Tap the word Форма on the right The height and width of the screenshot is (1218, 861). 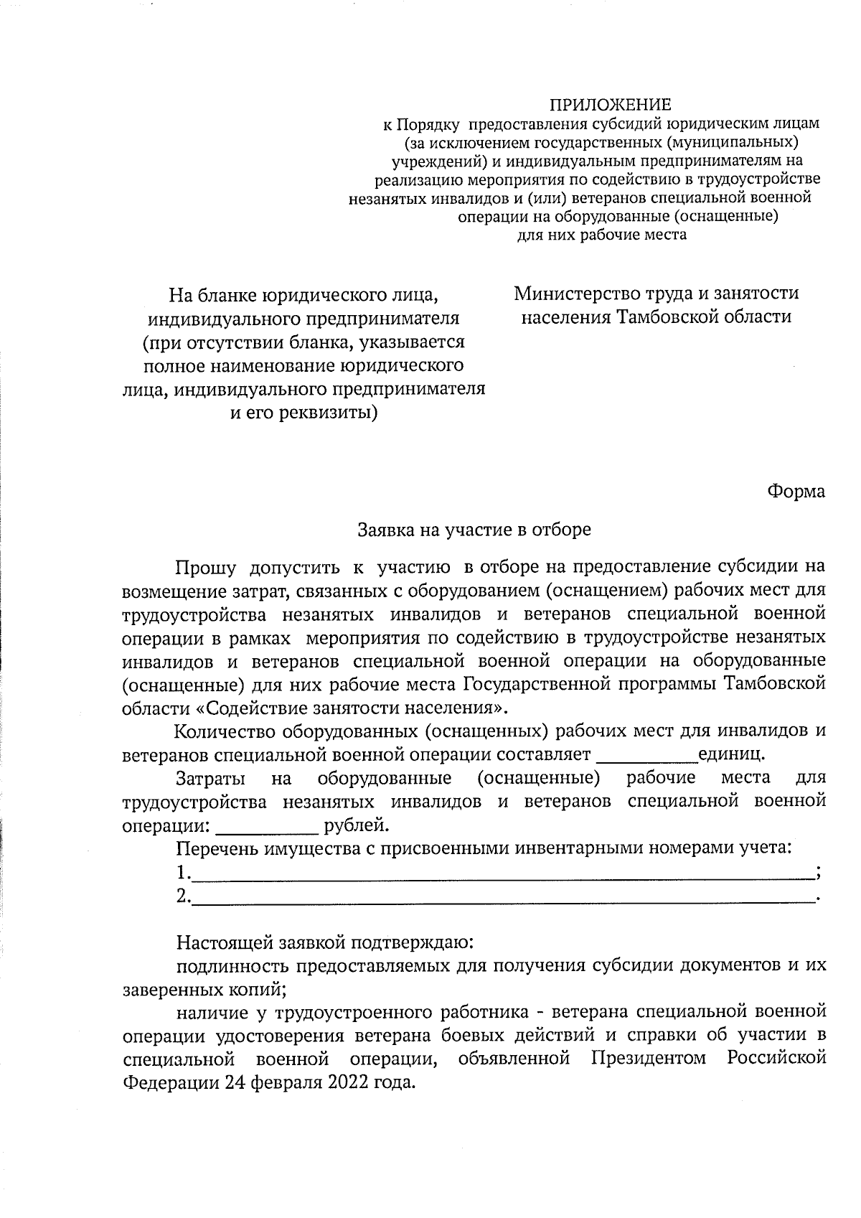pos(796,492)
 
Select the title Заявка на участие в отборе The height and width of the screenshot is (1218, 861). pos(474,530)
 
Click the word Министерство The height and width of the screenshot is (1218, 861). pos(573,294)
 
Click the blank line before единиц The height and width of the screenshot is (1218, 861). pos(646,757)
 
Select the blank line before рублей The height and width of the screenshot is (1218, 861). pos(267,827)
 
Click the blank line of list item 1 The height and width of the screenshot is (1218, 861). pos(503,874)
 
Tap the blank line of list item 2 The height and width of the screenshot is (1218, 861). pos(503,897)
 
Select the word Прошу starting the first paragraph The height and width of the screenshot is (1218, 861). pos(207,568)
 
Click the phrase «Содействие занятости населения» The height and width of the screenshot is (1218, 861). pos(350,708)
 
